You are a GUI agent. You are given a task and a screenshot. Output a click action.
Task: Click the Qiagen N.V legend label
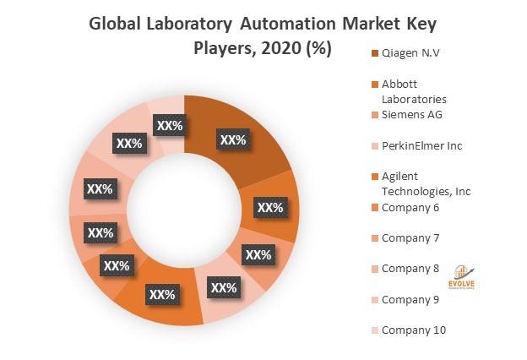(x=410, y=54)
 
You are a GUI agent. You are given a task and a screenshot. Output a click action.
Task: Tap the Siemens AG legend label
(x=412, y=115)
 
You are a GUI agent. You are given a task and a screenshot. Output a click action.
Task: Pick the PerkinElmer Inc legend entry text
(x=421, y=145)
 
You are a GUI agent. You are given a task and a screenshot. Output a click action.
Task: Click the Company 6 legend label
(x=410, y=207)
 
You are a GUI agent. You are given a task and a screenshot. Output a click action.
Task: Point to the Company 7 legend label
(x=410, y=237)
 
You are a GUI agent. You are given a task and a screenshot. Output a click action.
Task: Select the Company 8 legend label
(x=410, y=268)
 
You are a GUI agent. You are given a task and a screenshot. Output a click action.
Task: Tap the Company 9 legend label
(x=410, y=299)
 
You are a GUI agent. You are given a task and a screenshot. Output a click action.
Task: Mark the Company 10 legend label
(x=414, y=330)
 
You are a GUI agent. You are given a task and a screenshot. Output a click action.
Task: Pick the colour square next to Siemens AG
(x=373, y=116)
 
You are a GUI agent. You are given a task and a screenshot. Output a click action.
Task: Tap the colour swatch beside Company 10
(x=373, y=330)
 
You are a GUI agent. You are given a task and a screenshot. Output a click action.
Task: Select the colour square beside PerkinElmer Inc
(x=373, y=146)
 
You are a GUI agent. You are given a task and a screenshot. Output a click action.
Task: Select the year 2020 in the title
(x=279, y=49)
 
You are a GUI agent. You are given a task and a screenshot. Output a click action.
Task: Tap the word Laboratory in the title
(x=197, y=24)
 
